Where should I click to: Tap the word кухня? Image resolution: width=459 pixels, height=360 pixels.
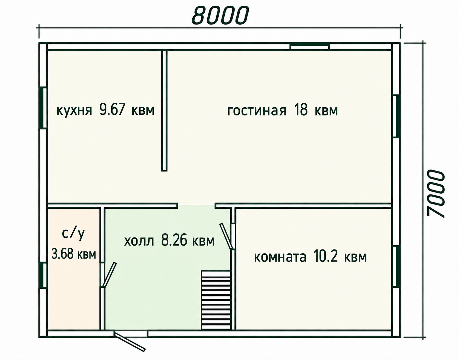(74, 110)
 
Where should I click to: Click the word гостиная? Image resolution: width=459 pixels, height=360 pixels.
(257, 111)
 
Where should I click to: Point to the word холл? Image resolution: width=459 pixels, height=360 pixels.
(139, 242)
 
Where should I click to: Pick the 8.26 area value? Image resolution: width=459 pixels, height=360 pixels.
(174, 240)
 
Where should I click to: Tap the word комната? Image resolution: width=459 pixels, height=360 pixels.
(280, 257)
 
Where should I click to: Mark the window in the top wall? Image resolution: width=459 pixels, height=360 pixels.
(309, 46)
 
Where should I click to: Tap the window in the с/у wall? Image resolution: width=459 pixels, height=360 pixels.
(43, 276)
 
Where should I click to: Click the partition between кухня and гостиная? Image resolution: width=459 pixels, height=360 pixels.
(164, 110)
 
